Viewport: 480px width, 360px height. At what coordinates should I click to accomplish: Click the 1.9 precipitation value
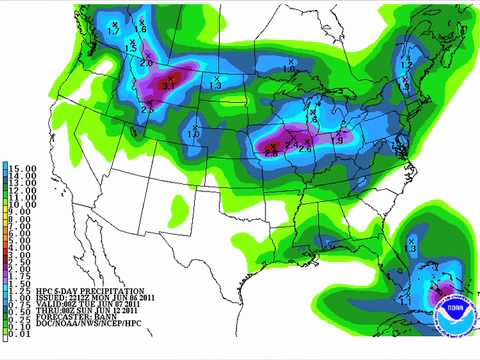pos(338,138)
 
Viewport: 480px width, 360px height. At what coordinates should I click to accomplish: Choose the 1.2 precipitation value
pos(406,64)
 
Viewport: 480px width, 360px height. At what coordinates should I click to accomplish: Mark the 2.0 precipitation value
pos(147,63)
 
